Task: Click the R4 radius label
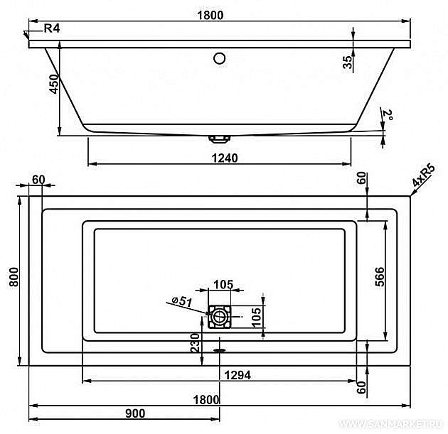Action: (x=51, y=29)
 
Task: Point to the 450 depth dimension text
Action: (x=50, y=89)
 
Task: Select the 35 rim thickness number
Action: (x=348, y=62)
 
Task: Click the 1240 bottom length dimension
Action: (x=223, y=158)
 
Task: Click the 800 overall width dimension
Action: (x=12, y=281)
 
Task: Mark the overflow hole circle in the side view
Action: (x=219, y=58)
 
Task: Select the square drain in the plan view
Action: (x=219, y=315)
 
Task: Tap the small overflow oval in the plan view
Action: (x=219, y=349)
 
